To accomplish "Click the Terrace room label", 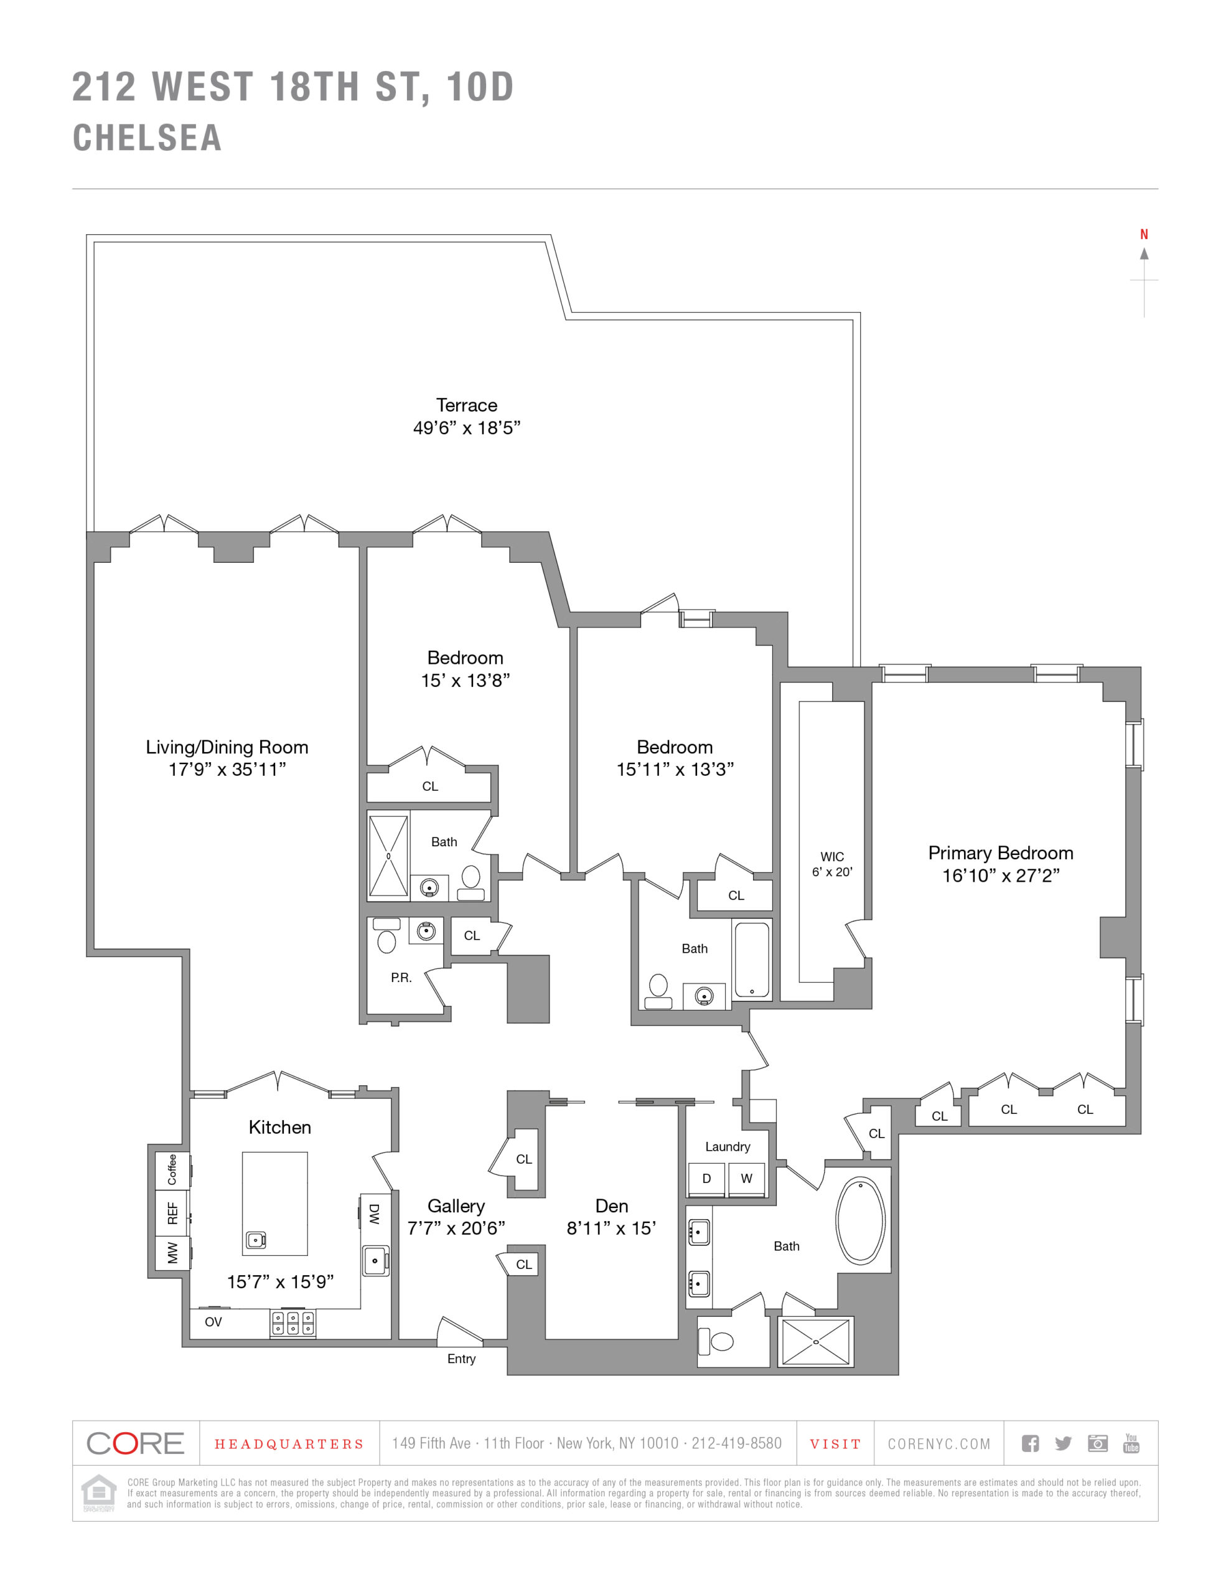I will click(466, 406).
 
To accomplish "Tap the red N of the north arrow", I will click(1143, 234).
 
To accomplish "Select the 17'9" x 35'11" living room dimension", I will click(227, 769).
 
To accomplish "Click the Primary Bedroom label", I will click(999, 852).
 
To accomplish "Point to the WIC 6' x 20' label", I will click(832, 864).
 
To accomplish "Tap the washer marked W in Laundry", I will click(746, 1178).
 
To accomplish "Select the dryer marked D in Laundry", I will click(706, 1178).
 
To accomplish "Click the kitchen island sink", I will click(255, 1239).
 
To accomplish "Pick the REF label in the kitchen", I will click(173, 1213).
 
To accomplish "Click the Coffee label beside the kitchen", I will click(172, 1169).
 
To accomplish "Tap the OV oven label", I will click(213, 1322).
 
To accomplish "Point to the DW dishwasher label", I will click(373, 1214).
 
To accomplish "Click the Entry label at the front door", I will click(461, 1358).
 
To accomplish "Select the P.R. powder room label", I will click(401, 978).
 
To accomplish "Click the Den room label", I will click(612, 1205).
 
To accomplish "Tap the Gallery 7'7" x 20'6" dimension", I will click(456, 1229).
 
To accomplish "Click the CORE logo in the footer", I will click(135, 1443).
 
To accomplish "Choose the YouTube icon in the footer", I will click(1130, 1443).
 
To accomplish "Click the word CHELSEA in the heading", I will click(147, 138).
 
